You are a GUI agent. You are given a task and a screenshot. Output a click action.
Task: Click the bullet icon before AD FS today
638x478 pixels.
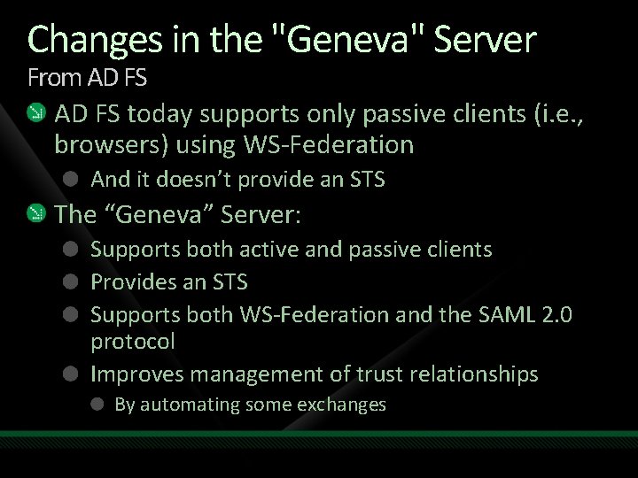(35, 113)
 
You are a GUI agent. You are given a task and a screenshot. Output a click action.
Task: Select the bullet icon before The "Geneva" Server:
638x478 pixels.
(35, 214)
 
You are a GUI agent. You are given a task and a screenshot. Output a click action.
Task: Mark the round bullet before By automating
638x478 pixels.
(98, 405)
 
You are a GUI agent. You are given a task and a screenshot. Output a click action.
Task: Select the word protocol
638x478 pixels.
(133, 342)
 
